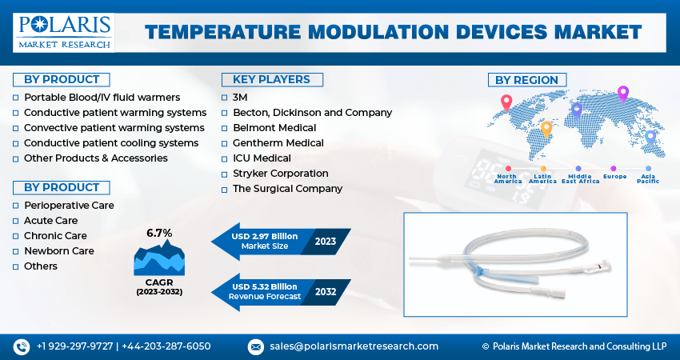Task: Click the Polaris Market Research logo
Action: pyautogui.click(x=64, y=33)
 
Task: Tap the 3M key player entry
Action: pyautogui.click(x=240, y=98)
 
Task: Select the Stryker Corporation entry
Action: pyautogui.click(x=281, y=174)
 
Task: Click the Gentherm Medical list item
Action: pyautogui.click(x=278, y=143)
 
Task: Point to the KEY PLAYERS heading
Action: pyautogui.click(x=272, y=80)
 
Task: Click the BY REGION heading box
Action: pyautogui.click(x=527, y=80)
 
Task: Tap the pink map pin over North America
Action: pyautogui.click(x=506, y=103)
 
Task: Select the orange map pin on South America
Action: pyautogui.click(x=546, y=130)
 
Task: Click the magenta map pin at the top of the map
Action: pyautogui.click(x=622, y=94)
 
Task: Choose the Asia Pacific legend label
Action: pyautogui.click(x=648, y=178)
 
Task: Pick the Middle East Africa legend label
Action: pyautogui.click(x=580, y=178)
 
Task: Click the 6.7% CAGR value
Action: pyautogui.click(x=159, y=233)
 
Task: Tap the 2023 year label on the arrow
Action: pyautogui.click(x=326, y=241)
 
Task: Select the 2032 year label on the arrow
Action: pyautogui.click(x=326, y=291)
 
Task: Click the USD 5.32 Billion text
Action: pyautogui.click(x=265, y=286)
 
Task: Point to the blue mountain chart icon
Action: pyautogui.click(x=159, y=258)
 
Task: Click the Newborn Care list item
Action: pyautogui.click(x=59, y=251)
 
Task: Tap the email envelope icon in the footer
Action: pyautogui.click(x=255, y=347)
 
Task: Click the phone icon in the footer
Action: pyautogui.click(x=22, y=347)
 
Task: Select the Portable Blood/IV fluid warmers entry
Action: pyautogui.click(x=102, y=98)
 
